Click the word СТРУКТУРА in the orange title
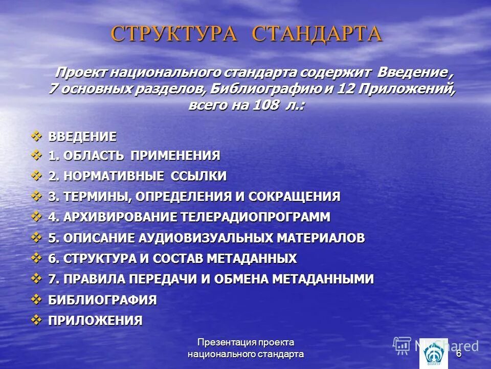coord(174,34)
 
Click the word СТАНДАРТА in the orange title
coord(318,34)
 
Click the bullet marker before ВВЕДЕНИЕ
coord(37,136)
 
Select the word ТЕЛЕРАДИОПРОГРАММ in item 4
coord(255,217)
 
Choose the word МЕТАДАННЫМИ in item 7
coord(323,279)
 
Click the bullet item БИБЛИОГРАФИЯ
coord(102,300)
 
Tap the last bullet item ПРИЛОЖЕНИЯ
coord(95,321)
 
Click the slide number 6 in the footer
coord(459,354)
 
